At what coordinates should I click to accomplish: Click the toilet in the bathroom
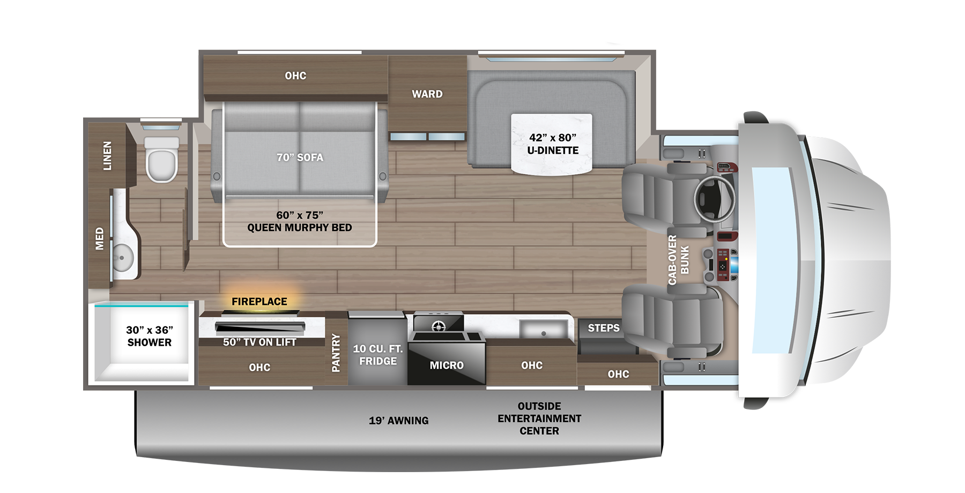pos(161,160)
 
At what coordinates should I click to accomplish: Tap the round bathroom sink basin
pos(123,258)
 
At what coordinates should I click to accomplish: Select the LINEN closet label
pos(108,156)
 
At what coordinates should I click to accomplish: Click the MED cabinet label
pos(100,238)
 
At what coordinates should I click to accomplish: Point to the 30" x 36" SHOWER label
pos(150,336)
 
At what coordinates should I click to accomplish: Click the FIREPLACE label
pos(259,302)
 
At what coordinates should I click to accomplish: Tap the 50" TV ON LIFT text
pos(259,342)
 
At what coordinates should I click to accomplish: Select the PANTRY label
pos(336,353)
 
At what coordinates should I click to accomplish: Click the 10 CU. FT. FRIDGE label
pos(378,355)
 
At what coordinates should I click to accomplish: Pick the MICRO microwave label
pos(447,365)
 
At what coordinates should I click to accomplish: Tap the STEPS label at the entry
pos(604,328)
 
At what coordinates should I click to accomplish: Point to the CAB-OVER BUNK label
pos(678,260)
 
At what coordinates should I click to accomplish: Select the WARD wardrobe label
pos(427,94)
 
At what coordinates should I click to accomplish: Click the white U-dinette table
pos(552,144)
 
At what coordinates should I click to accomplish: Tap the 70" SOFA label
pos(300,158)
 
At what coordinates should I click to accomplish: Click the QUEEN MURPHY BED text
pos(300,228)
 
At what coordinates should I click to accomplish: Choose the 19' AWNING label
pos(399,421)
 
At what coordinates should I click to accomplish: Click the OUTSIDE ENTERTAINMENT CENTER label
pos(539,419)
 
